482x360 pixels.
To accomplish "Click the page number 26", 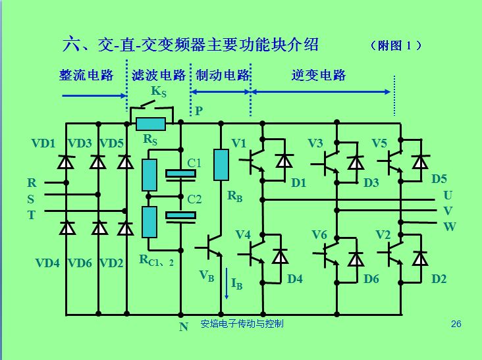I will (x=456, y=324).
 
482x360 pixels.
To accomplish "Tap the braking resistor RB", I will (x=221, y=165).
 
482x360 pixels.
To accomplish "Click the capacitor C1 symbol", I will (x=180, y=174).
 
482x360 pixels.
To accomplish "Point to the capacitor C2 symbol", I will (x=180, y=215).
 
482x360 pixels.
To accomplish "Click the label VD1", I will (x=43, y=143).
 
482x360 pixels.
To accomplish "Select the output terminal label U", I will (x=448, y=195).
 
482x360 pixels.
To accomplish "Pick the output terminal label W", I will (x=449, y=227).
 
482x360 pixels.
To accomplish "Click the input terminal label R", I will (x=32, y=183).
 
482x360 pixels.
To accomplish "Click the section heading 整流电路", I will (x=86, y=75).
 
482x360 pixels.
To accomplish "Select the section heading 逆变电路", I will (x=319, y=75).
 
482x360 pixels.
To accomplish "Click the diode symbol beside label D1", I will (x=284, y=161).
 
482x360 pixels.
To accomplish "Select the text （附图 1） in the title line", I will (x=395, y=46).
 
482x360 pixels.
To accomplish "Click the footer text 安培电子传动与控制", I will (x=242, y=324).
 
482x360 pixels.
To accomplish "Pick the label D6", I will (x=371, y=279).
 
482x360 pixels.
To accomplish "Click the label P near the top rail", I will (x=198, y=111).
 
